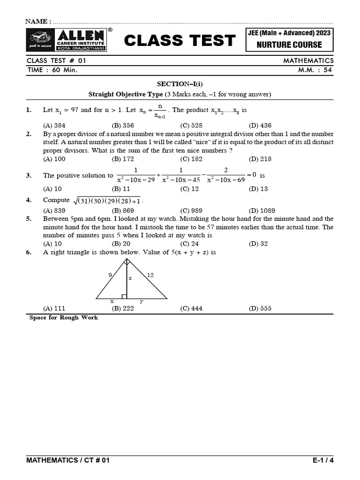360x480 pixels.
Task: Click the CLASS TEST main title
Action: click(x=180, y=41)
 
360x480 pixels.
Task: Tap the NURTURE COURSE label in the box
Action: click(x=289, y=45)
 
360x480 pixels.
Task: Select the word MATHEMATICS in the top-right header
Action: click(x=308, y=60)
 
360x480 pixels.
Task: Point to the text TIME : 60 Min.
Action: click(x=52, y=70)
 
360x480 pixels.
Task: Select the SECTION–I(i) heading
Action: click(x=180, y=83)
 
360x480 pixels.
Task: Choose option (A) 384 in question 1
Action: click(x=54, y=126)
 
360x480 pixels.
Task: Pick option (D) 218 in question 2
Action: click(x=260, y=159)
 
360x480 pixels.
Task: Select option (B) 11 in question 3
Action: click(x=121, y=189)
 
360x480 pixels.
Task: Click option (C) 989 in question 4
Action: click(x=191, y=211)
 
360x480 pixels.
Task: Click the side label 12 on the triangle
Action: click(x=150, y=275)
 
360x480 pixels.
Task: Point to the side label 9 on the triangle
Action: click(x=110, y=275)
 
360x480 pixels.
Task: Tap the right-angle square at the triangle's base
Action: click(x=124, y=296)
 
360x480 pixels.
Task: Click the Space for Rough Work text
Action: click(x=64, y=318)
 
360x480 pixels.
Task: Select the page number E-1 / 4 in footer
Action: click(x=323, y=460)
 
